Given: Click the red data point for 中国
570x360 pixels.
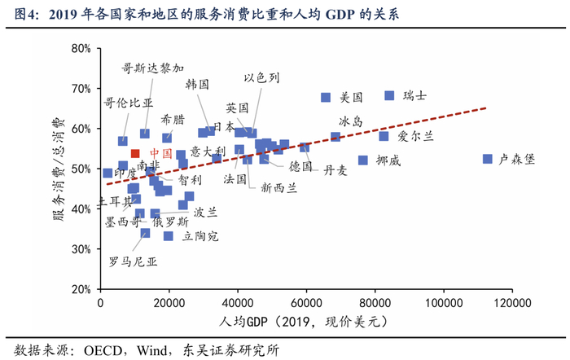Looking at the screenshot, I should coord(136,153).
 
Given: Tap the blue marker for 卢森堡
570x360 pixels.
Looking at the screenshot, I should coord(488,159).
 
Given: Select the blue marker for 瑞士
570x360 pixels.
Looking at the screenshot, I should coord(389,95).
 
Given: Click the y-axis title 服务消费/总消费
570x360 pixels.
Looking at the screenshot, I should coord(59,169).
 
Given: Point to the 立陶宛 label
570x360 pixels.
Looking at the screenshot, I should coord(201,236).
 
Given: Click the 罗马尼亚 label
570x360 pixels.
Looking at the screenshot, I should coord(133,262).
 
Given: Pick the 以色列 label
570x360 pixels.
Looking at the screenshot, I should coord(262,77).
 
